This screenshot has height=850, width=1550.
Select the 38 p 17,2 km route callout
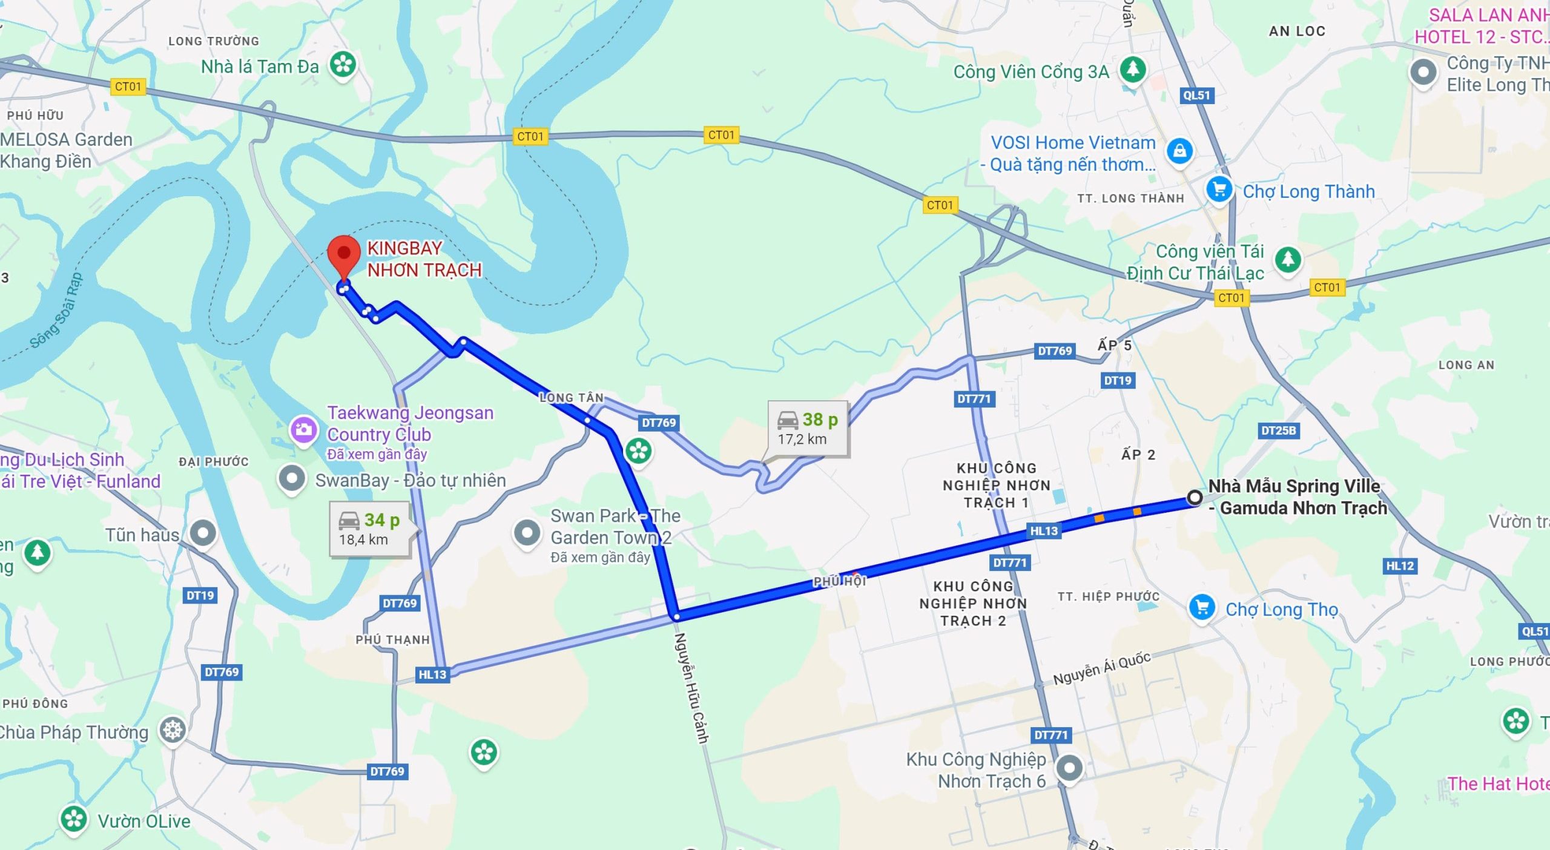[x=808, y=429]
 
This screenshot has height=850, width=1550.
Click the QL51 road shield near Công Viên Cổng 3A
[x=1196, y=95]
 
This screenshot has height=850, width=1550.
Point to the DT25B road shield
[x=1278, y=430]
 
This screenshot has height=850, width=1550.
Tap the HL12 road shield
[x=1400, y=566]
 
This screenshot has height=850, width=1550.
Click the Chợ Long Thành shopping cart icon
[x=1219, y=189]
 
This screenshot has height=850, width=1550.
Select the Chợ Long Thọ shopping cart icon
[x=1202, y=607]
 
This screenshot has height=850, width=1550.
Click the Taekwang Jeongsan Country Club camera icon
[x=303, y=430]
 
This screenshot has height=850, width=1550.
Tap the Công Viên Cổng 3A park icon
[x=1132, y=69]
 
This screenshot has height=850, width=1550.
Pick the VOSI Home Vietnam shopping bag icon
[x=1179, y=151]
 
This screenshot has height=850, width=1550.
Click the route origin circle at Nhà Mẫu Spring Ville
[x=1195, y=498]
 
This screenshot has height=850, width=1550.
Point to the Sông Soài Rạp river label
[x=56, y=312]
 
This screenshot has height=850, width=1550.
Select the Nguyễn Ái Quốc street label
[x=1101, y=669]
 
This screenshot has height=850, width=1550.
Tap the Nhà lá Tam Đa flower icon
[x=343, y=64]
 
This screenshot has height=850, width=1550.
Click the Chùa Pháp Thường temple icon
[x=173, y=730]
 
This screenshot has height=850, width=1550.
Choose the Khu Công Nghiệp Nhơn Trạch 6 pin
[x=1069, y=768]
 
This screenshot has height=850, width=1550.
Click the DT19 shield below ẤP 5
[x=1117, y=381]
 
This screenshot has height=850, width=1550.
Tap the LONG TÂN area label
[x=572, y=398]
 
